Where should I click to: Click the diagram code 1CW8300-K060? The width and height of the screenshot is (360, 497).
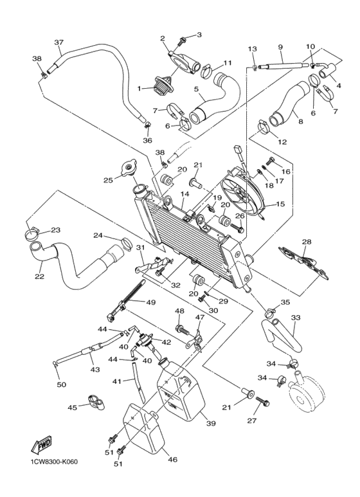(53, 463)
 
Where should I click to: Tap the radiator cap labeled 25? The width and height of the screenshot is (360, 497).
(132, 170)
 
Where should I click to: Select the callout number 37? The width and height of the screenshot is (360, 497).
(59, 43)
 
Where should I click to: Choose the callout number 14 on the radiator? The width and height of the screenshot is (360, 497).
(184, 194)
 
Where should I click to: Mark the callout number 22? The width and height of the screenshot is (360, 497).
(40, 278)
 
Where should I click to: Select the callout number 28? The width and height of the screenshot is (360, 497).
(307, 242)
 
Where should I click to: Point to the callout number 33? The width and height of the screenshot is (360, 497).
(296, 318)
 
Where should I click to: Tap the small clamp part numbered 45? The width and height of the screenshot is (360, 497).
(96, 404)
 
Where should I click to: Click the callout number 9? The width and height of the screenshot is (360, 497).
(280, 47)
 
